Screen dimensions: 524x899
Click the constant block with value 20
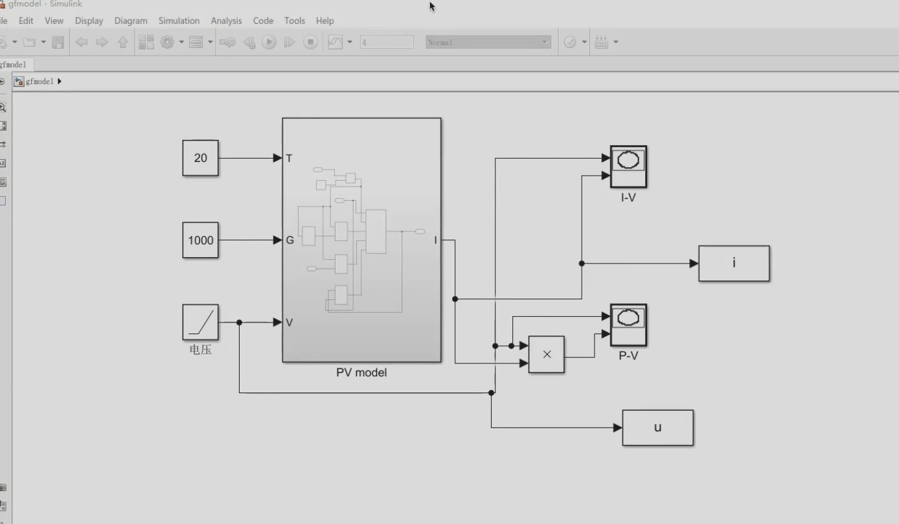tap(200, 158)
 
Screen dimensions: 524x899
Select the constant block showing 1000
tap(200, 240)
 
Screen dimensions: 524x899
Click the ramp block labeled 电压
tap(200, 323)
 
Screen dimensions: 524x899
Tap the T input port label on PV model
tap(289, 158)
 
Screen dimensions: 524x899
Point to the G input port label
tap(290, 240)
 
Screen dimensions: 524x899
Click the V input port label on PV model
tap(289, 323)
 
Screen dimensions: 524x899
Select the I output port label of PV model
tap(435, 240)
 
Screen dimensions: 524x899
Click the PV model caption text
tap(361, 372)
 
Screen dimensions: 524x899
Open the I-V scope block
tap(628, 166)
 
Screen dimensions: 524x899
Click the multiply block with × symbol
tap(546, 354)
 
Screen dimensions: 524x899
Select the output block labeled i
tap(734, 264)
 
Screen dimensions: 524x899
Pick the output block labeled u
tap(657, 427)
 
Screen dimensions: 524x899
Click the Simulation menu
tap(179, 21)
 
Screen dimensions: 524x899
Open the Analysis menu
tap(226, 21)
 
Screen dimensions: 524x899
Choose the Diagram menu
tap(131, 21)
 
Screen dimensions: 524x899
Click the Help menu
tap(324, 21)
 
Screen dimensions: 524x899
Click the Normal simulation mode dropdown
tap(488, 42)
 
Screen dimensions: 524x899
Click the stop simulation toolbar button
tap(311, 42)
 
